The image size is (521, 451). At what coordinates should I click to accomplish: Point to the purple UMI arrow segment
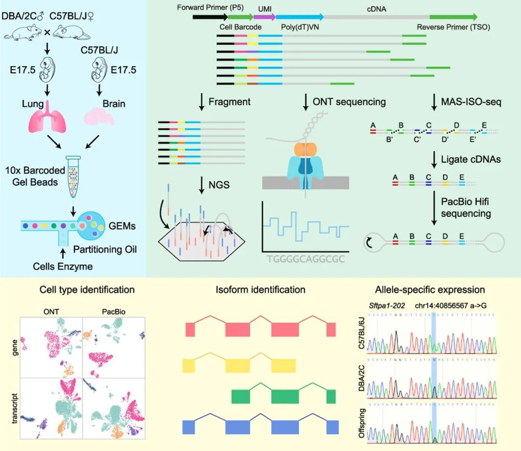264,16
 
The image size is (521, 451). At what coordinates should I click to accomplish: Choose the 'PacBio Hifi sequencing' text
466,207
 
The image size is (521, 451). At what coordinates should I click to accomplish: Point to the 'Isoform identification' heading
261,290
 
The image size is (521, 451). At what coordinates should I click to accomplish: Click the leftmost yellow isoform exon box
189,366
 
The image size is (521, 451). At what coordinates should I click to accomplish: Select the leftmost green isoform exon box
241,396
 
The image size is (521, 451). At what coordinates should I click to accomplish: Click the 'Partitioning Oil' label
106,250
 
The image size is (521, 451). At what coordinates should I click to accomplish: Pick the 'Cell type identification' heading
87,290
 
